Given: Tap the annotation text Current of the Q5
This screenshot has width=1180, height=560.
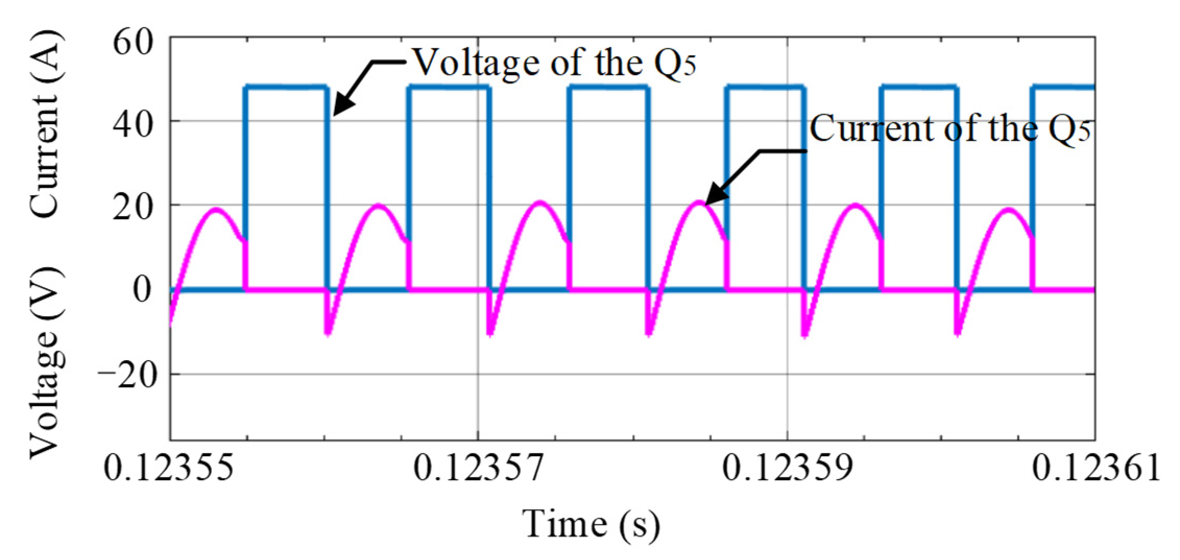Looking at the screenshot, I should point(949,129).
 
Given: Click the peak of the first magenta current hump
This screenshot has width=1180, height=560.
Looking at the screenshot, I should point(216,209).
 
